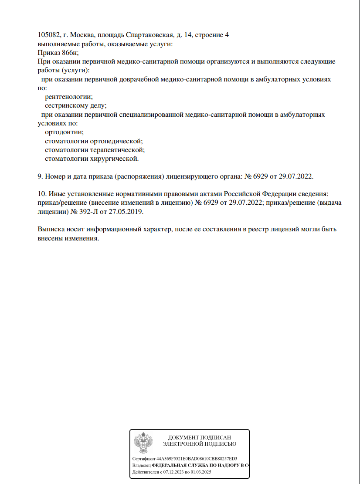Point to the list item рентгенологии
[x=69, y=97]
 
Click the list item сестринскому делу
[x=76, y=105]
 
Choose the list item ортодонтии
[x=64, y=132]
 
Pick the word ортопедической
[x=116, y=141]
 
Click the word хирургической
[x=114, y=159]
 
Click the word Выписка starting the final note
[x=51, y=229]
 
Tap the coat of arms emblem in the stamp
[x=143, y=443]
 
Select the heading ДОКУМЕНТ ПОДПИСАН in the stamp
[x=199, y=437]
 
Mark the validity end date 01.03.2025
[x=200, y=472]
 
